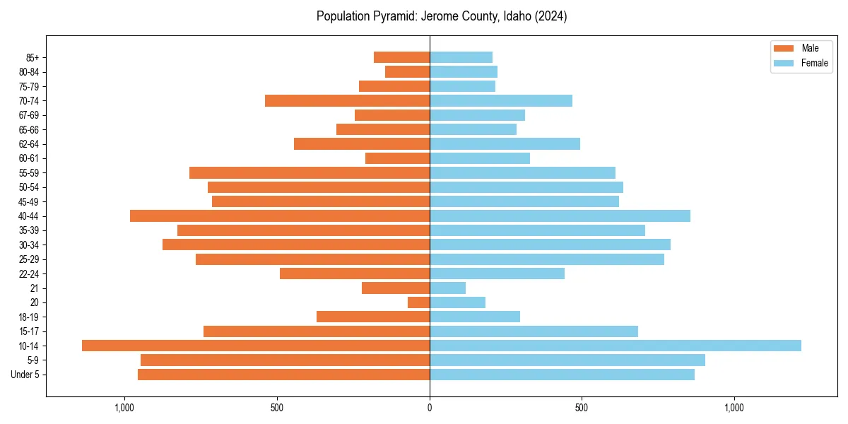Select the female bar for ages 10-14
pos(615,346)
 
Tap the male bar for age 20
pos(418,302)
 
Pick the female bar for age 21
pos(447,288)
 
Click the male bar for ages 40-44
pos(280,216)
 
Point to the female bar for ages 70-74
pos(500,100)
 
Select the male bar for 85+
pos(401,57)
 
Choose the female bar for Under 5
pos(562,375)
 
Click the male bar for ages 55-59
pos(310,172)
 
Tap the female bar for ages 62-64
pos(505,143)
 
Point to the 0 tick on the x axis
pos(430,408)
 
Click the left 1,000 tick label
pos(124,408)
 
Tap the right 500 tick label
pos(582,408)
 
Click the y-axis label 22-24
pos(29,273)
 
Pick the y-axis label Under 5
pos(25,375)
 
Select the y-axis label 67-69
pos(29,115)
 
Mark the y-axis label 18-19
pos(29,317)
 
